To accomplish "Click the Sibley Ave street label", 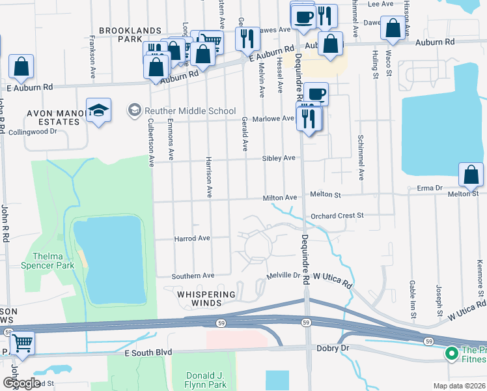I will pos(279,158).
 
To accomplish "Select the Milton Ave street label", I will pos(279,197).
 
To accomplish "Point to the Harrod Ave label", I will pos(191,239).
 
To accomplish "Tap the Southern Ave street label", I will pos(193,276).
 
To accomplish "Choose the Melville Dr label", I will pos(283,276).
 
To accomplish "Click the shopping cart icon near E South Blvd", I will pos(23,343).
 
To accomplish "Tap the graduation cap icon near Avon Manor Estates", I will pos(98,111).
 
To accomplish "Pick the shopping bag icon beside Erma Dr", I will pos(471,175).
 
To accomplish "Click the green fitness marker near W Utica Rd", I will pos(451,354).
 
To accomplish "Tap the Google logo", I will pos(21,383).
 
